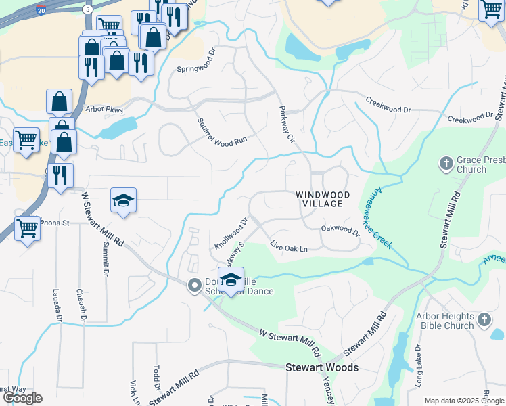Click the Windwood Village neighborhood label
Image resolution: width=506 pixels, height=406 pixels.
[323, 199]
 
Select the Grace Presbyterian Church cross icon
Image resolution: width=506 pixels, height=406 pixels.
[446, 163]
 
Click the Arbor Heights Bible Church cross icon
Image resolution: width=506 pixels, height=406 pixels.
[484, 319]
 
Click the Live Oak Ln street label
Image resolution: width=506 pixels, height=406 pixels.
[289, 248]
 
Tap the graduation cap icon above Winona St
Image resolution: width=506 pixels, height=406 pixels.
[123, 200]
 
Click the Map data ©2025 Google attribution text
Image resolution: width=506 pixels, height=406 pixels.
[463, 401]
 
